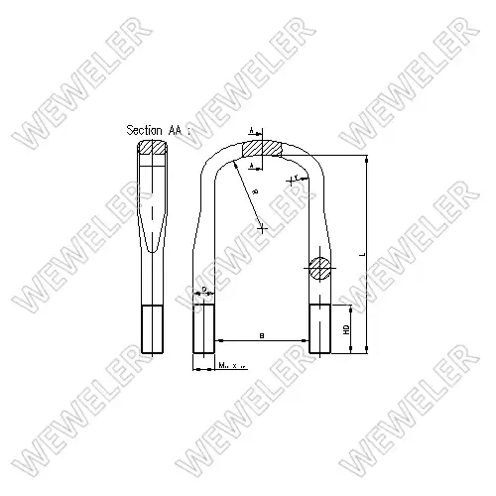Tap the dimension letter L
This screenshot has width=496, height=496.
(362, 255)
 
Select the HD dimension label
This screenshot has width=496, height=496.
(347, 328)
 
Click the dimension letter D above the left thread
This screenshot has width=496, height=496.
(203, 290)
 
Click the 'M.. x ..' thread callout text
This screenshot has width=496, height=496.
(231, 367)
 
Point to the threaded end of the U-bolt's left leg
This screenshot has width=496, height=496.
(204, 328)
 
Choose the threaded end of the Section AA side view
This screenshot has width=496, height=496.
(152, 328)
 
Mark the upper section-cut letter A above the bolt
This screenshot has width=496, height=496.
(252, 130)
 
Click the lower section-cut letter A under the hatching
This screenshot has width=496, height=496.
(252, 167)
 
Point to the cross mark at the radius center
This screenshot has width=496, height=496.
(262, 228)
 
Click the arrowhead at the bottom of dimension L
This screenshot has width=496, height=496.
(368, 349)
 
